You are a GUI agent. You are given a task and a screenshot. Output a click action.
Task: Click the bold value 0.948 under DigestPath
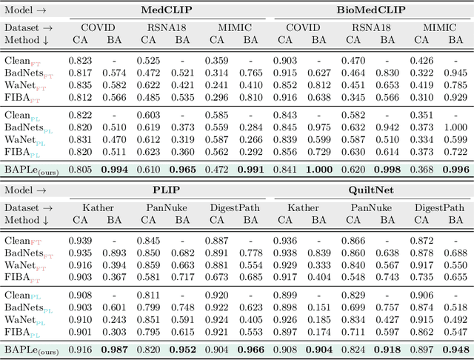456,350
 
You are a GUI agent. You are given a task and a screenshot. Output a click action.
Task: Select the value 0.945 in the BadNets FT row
456,73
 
